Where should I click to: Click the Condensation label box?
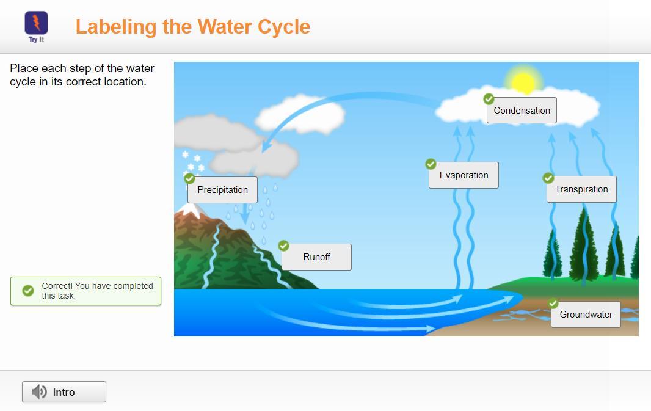tap(522, 111)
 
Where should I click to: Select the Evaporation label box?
tap(464, 175)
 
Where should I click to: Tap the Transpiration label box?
tap(581, 189)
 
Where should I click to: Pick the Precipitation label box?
tap(222, 190)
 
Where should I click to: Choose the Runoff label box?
tap(316, 257)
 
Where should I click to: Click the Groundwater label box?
tap(586, 315)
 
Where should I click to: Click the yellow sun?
tap(523, 82)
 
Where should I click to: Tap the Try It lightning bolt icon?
tap(37, 23)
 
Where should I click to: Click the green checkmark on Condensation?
tap(489, 99)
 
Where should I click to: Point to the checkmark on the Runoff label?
tap(284, 246)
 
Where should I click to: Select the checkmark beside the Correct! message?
tap(28, 291)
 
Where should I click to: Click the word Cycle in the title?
tap(284, 27)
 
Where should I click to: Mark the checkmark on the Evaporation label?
tap(431, 164)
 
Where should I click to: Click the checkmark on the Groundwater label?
tap(553, 304)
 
